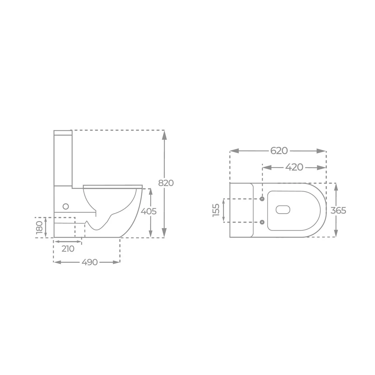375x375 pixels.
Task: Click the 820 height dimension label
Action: (166, 183)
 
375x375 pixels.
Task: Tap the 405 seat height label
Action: (149, 211)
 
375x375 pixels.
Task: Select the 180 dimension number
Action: (40, 227)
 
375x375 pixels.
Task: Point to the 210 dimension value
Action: (68, 249)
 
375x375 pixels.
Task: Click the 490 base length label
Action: (90, 262)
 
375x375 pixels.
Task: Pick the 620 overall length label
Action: (279, 151)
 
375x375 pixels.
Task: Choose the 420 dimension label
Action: (294, 167)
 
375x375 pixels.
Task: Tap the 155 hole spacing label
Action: (216, 210)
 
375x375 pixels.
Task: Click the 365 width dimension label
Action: (338, 210)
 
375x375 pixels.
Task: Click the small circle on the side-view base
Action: (65, 206)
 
